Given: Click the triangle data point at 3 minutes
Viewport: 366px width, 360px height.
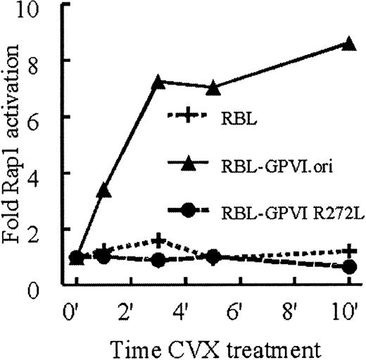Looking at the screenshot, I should click(159, 82).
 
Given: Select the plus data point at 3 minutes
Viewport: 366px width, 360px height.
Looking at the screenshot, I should click(159, 241).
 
